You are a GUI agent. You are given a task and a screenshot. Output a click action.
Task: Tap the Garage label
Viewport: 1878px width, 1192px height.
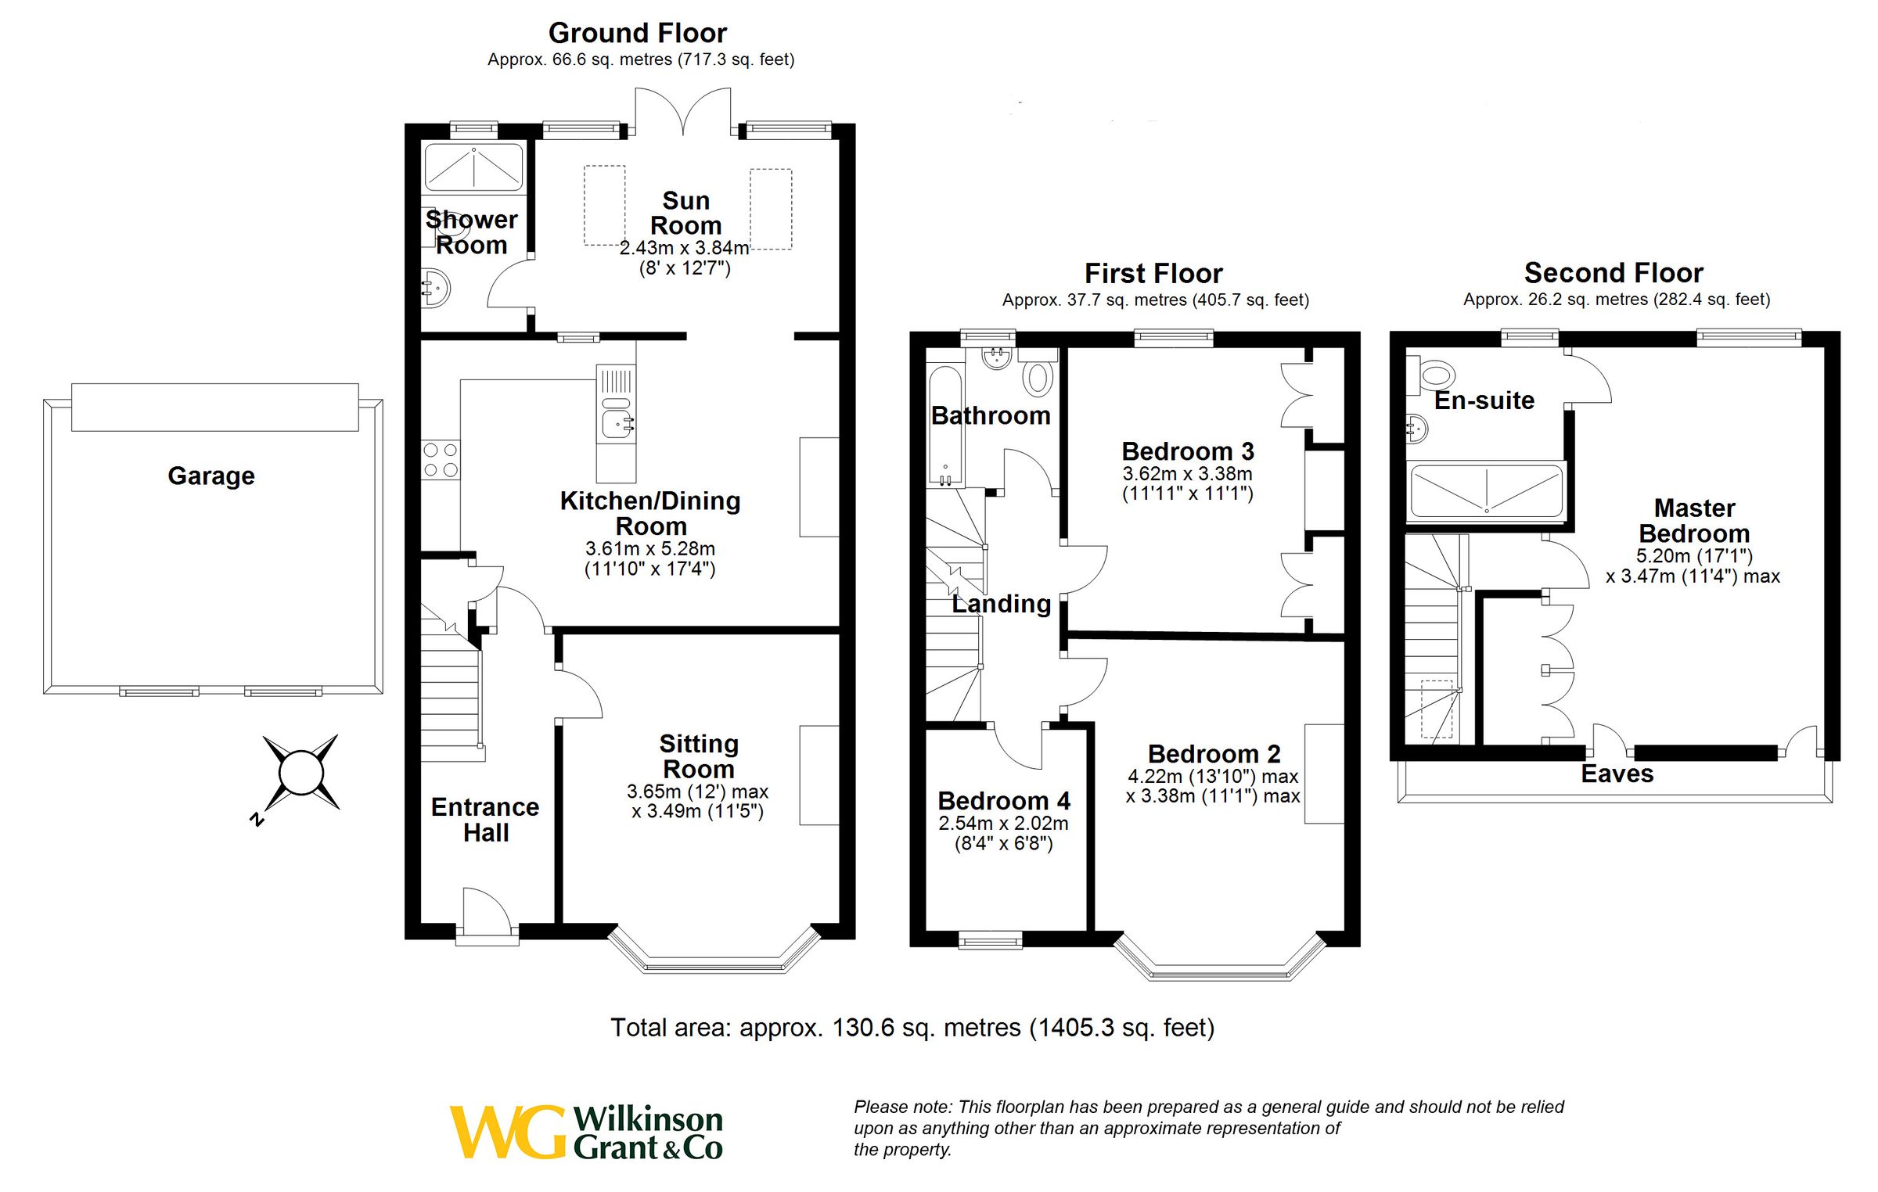click(211, 476)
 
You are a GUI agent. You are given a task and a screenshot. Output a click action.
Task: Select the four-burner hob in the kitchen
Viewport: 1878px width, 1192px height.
click(441, 460)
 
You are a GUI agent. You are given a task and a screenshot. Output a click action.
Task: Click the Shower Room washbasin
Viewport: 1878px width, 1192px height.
click(435, 289)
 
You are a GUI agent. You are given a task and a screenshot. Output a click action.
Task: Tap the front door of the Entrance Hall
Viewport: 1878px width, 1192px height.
click(487, 911)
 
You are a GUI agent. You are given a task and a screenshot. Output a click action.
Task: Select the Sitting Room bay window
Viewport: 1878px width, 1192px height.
click(714, 959)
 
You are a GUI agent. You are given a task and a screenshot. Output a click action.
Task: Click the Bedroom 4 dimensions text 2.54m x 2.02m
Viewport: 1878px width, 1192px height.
click(1003, 824)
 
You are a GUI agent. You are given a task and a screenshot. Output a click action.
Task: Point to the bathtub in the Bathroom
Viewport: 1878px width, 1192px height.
click(945, 426)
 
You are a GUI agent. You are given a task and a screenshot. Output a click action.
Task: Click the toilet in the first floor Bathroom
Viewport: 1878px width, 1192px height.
click(1038, 378)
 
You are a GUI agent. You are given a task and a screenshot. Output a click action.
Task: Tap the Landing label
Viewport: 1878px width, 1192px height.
click(1002, 604)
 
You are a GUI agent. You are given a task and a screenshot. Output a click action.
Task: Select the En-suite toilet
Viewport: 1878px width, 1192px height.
click(1433, 375)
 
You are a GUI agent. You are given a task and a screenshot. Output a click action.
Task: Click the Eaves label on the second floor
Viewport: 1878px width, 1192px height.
click(1617, 774)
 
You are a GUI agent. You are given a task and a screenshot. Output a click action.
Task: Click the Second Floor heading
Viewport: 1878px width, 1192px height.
click(1613, 273)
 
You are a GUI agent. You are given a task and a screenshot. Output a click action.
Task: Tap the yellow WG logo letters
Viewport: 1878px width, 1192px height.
click(507, 1131)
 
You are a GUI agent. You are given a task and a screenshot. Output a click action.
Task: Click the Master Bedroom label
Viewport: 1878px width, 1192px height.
click(1694, 521)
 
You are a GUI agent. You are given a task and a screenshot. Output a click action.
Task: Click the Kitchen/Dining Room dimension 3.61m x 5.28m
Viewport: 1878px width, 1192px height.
click(649, 548)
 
